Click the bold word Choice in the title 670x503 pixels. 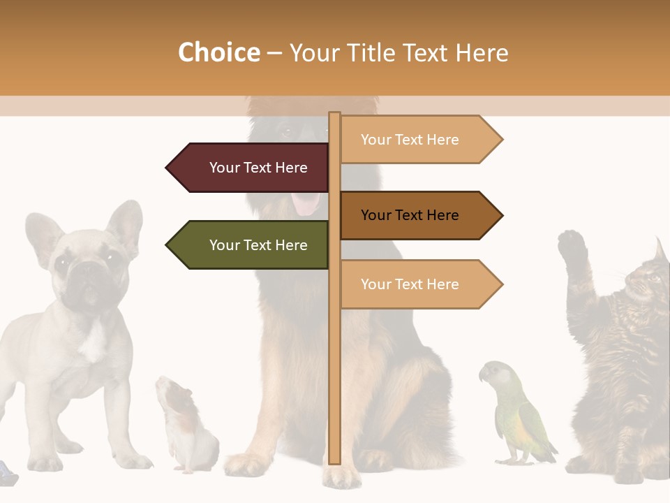pyautogui.click(x=218, y=52)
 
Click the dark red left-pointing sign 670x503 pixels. pyautogui.click(x=248, y=168)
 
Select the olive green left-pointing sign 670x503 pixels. pyautogui.click(x=248, y=245)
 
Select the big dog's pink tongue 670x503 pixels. pyautogui.click(x=306, y=203)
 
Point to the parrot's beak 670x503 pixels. pyautogui.click(x=482, y=375)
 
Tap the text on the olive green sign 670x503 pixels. pyautogui.click(x=258, y=245)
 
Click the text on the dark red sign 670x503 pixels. pyautogui.click(x=258, y=168)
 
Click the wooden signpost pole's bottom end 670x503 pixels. pyautogui.click(x=335, y=458)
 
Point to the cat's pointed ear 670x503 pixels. pyautogui.click(x=660, y=250)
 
